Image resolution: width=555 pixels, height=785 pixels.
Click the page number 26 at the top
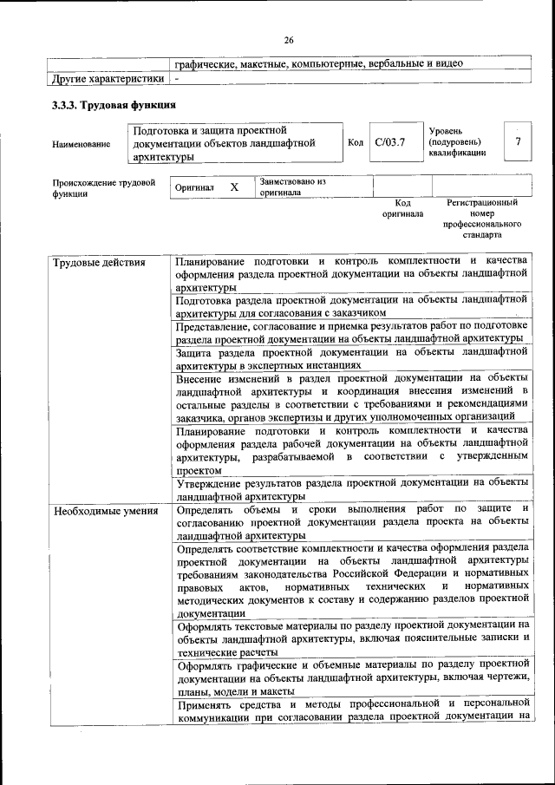pyautogui.click(x=289, y=39)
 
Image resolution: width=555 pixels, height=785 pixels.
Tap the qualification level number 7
pyautogui.click(x=518, y=141)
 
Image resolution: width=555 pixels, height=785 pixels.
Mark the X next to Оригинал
pyautogui.click(x=234, y=186)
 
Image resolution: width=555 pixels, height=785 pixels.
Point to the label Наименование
pyautogui.click(x=82, y=143)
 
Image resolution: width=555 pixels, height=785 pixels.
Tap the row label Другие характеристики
pyautogui.click(x=108, y=79)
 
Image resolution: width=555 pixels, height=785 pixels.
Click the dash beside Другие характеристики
pyautogui.click(x=177, y=79)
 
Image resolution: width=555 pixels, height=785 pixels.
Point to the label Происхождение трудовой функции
pyautogui.click(x=103, y=188)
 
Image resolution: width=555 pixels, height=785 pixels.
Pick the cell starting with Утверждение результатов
pyautogui.click(x=351, y=488)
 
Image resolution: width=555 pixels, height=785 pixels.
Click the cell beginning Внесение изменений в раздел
pyautogui.click(x=351, y=396)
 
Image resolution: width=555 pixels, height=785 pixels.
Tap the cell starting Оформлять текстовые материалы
pyautogui.click(x=351, y=638)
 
